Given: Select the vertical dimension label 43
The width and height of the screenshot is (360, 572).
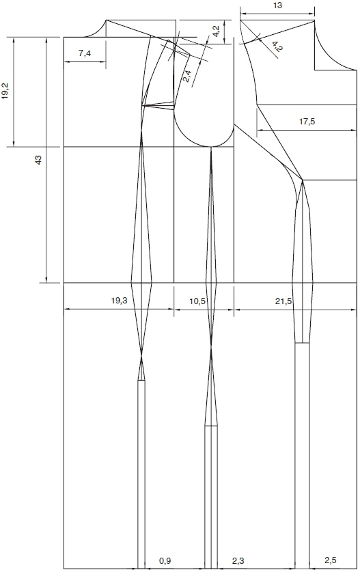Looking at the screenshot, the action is click(38, 159).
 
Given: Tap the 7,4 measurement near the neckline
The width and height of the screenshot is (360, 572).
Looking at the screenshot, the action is click(84, 53).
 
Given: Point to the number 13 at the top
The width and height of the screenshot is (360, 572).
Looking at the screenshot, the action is click(277, 5).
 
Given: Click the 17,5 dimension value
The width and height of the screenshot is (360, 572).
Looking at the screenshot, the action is click(307, 122).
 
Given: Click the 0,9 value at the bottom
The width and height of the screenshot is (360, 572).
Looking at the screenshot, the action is click(165, 560).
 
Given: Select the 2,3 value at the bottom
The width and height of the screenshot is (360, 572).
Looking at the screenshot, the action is click(238, 560).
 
